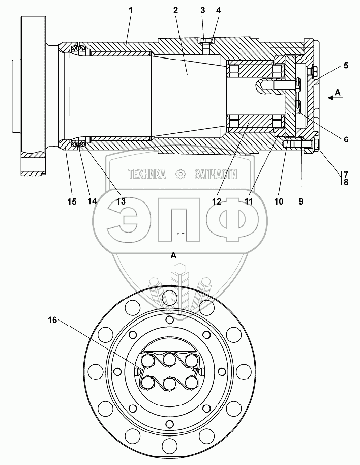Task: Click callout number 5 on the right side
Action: click(346, 66)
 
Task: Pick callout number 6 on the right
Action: click(346, 139)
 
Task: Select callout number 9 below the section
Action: click(301, 201)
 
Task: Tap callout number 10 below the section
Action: click(279, 201)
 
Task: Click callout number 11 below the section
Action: click(249, 201)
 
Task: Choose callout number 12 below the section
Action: click(217, 201)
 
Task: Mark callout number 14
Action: click(92, 201)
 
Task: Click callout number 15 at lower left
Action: click(72, 201)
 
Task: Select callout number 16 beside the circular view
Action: click(53, 321)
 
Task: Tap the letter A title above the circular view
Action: click(173, 256)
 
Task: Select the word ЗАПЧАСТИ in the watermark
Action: click(216, 174)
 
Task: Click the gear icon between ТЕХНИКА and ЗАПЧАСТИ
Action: click(179, 174)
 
